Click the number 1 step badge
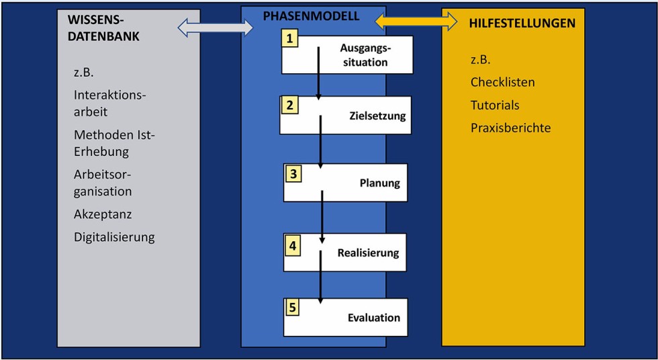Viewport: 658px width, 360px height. pyautogui.click(x=291, y=38)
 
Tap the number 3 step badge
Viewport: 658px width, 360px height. pyautogui.click(x=293, y=173)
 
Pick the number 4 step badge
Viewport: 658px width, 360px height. pyautogui.click(x=293, y=245)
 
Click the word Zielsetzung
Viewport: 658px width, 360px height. pyautogui.click(x=378, y=116)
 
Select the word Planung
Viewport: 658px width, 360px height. pyautogui.click(x=379, y=183)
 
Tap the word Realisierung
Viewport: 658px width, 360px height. pyautogui.click(x=368, y=253)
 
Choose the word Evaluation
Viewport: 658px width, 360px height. pyautogui.click(x=373, y=318)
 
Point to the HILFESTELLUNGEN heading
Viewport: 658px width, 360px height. pyautogui.click(x=522, y=23)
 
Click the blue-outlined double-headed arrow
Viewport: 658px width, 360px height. pyautogui.click(x=215, y=28)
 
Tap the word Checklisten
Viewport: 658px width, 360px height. pyautogui.click(x=503, y=83)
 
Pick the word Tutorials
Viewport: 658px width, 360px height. pyautogui.click(x=495, y=105)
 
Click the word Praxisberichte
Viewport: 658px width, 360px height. pyautogui.click(x=510, y=128)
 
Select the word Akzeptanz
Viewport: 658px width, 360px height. pyautogui.click(x=103, y=214)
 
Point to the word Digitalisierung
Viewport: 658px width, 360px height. pyautogui.click(x=114, y=236)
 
